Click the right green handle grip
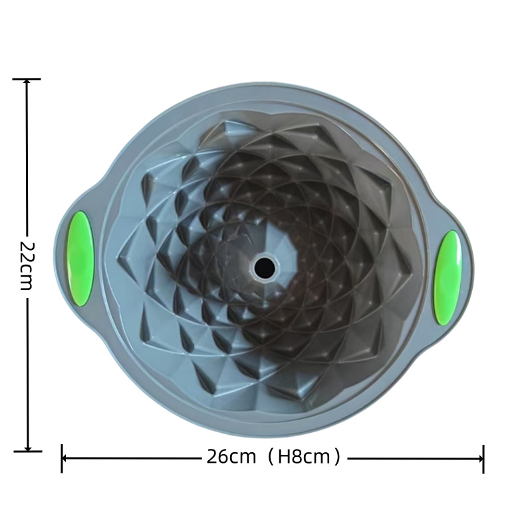(x=448, y=277)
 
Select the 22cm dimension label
(x=26, y=266)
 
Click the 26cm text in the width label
(x=231, y=457)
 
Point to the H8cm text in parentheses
(x=304, y=457)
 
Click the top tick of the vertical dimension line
(x=27, y=79)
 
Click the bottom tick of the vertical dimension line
(x=27, y=452)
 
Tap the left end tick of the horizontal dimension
(x=61, y=458)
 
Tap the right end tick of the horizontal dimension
(x=483, y=459)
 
